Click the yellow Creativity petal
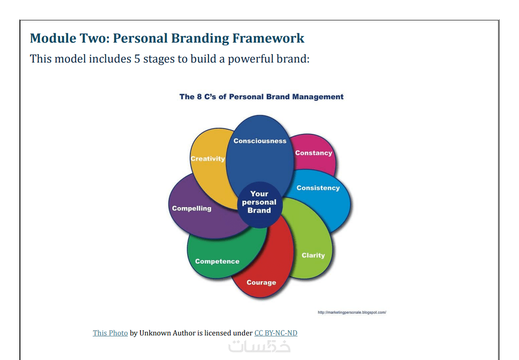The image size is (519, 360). coord(208,165)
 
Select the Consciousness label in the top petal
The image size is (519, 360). coord(260,141)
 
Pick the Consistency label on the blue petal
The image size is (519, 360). coord(318,188)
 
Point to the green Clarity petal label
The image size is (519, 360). coord(313,255)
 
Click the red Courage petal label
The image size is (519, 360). coord(261,283)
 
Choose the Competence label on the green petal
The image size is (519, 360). coord(217,261)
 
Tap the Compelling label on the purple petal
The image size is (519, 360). coord(192,208)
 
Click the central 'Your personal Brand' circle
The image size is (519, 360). coord(259,205)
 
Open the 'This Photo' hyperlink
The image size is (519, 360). coord(110,333)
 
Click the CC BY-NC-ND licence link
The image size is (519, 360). coord(276,333)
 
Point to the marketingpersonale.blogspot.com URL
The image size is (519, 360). coord(352,312)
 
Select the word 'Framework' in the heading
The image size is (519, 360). coord(268,38)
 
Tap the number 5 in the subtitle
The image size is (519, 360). coord(137,59)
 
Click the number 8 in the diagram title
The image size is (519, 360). coord(199,97)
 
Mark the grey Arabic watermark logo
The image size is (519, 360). coord(259,346)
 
